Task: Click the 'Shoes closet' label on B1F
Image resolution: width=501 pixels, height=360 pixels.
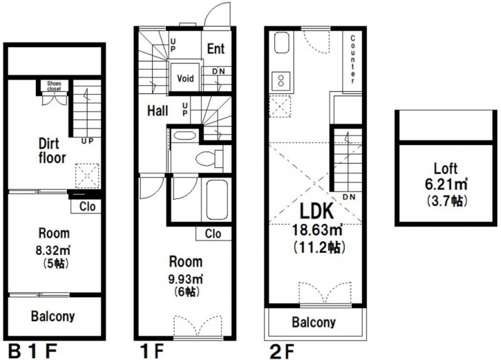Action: tap(54, 86)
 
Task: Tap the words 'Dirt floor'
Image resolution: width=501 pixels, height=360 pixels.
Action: tap(52, 151)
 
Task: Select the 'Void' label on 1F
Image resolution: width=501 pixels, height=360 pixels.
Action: tap(185, 78)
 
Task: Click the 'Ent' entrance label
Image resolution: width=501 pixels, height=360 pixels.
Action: tap(216, 49)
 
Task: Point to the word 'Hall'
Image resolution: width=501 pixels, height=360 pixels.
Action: tap(158, 111)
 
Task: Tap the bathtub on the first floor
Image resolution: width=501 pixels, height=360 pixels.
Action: tap(217, 200)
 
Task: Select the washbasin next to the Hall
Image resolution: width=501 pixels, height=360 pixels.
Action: tap(183, 135)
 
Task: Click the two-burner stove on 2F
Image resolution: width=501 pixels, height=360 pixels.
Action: tap(281, 81)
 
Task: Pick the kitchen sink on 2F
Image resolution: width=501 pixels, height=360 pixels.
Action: tap(281, 43)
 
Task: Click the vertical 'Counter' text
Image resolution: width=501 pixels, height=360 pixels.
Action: tap(353, 59)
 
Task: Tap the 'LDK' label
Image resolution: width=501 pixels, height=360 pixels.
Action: tap(316, 211)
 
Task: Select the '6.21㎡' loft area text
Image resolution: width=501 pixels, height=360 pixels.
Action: tap(446, 184)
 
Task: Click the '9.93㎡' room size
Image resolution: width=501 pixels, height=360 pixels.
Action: tap(185, 279)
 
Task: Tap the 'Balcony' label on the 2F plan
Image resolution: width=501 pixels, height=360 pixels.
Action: tap(314, 322)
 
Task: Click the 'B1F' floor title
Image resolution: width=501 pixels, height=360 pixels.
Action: tap(33, 352)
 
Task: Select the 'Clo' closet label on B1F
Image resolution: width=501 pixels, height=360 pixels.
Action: tap(87, 207)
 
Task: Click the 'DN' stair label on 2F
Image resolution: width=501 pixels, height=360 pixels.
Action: tap(349, 197)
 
